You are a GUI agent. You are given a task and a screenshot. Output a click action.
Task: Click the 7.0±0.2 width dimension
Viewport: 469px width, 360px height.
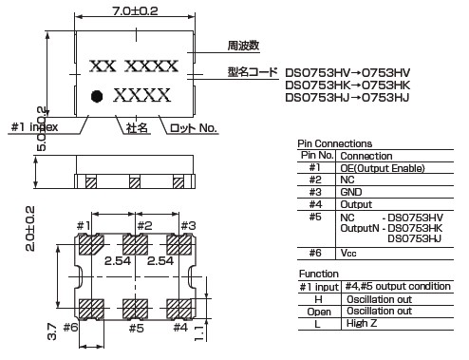point(135,11)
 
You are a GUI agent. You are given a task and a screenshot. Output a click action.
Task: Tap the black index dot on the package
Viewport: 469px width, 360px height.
point(97,96)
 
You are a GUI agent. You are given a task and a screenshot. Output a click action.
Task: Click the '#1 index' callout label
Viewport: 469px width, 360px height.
point(35,127)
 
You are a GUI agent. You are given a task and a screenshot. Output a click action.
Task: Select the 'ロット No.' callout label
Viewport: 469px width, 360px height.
point(194,128)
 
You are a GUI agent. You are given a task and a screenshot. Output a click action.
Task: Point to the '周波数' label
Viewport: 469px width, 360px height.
point(243,46)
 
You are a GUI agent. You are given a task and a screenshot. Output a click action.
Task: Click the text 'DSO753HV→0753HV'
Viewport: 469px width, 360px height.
point(347,73)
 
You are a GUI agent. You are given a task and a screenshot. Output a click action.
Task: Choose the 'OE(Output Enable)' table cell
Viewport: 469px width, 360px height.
point(383,168)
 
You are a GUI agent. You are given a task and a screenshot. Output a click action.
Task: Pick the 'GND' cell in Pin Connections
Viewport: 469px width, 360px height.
point(351,192)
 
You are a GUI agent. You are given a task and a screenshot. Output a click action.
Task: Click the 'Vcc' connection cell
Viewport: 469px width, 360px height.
point(348,253)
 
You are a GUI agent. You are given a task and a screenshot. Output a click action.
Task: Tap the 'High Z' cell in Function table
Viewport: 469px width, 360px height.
point(362,323)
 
